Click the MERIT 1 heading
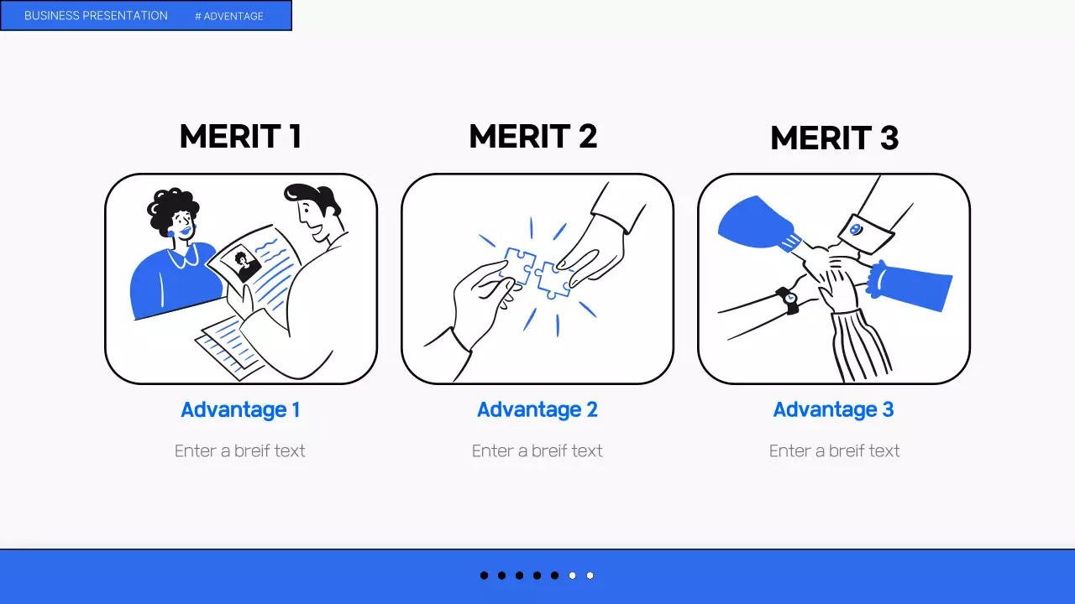[241, 136]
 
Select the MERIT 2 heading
[533, 136]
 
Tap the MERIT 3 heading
[834, 138]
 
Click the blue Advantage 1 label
[240, 410]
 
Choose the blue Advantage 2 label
[537, 410]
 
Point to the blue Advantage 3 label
[834, 410]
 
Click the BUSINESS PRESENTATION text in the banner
[96, 16]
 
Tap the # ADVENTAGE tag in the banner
[229, 16]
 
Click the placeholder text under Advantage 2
[537, 450]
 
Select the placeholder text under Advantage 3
[834, 450]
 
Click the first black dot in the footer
[485, 575]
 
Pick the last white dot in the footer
[590, 575]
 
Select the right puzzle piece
[553, 280]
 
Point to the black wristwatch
[788, 300]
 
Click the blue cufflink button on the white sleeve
[855, 230]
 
